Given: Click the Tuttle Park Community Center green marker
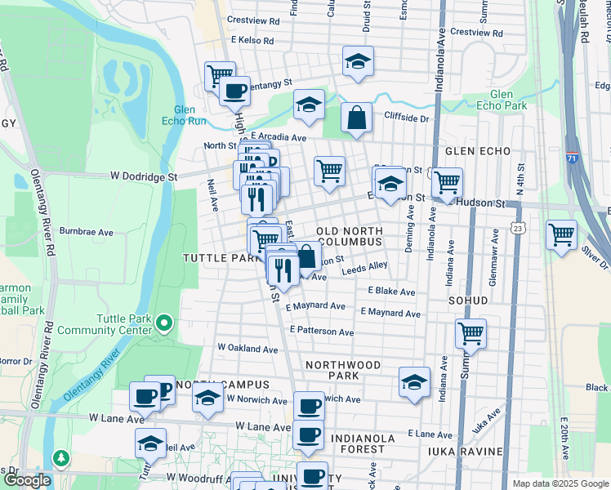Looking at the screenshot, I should click(x=163, y=324).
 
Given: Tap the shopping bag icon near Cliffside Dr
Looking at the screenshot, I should click(x=357, y=118).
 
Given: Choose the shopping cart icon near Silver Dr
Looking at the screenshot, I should click(x=561, y=234).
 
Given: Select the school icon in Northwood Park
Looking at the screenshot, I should click(x=414, y=381).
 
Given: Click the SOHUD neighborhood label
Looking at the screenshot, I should click(x=467, y=301).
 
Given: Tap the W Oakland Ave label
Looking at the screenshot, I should click(x=248, y=348).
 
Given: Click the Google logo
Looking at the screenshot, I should click(x=27, y=480).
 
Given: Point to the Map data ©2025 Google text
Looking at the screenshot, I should click(x=560, y=483).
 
